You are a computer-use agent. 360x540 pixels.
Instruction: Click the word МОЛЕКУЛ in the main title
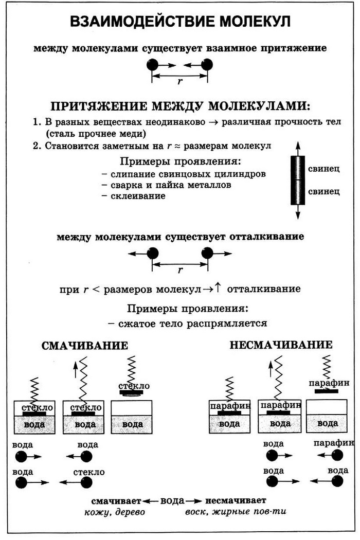pos(255,22)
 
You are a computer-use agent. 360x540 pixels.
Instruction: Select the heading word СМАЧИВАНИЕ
pos(85,346)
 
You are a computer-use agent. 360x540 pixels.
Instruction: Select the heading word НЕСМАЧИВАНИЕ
pos(281,345)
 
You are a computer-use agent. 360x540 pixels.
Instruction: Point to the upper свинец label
pos(324,169)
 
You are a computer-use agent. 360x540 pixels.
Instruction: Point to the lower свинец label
pos(324,191)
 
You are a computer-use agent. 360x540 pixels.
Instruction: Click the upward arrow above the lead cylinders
pos(298,149)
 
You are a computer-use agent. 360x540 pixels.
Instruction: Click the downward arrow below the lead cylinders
pos(298,212)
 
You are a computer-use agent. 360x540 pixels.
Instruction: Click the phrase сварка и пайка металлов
pos(171,185)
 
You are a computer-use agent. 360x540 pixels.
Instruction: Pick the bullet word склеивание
pos(138,196)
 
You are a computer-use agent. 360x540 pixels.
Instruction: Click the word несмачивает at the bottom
pos(236,500)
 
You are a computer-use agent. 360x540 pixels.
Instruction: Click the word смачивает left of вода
pos(116,501)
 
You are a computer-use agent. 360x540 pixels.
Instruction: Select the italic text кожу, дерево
pos(115,512)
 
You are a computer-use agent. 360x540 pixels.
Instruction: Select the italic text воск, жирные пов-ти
pos(236,512)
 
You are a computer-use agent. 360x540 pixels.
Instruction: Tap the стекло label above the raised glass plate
pos(134,386)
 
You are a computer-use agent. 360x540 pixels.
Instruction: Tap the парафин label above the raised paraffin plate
pos(329,383)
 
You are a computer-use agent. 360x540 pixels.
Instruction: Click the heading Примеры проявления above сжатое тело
pos(188,308)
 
